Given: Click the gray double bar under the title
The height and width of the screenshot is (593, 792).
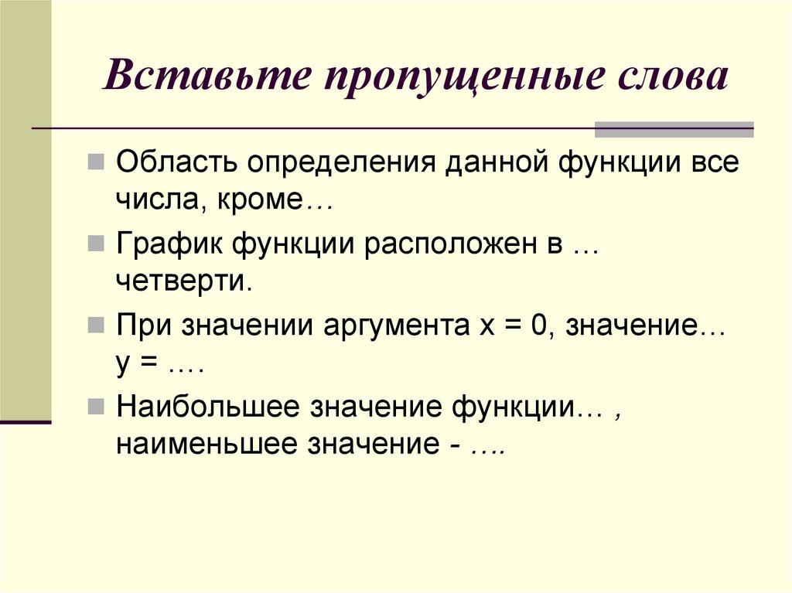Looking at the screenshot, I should (x=673, y=129).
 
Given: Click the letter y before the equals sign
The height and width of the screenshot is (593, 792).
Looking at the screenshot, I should (x=121, y=366).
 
